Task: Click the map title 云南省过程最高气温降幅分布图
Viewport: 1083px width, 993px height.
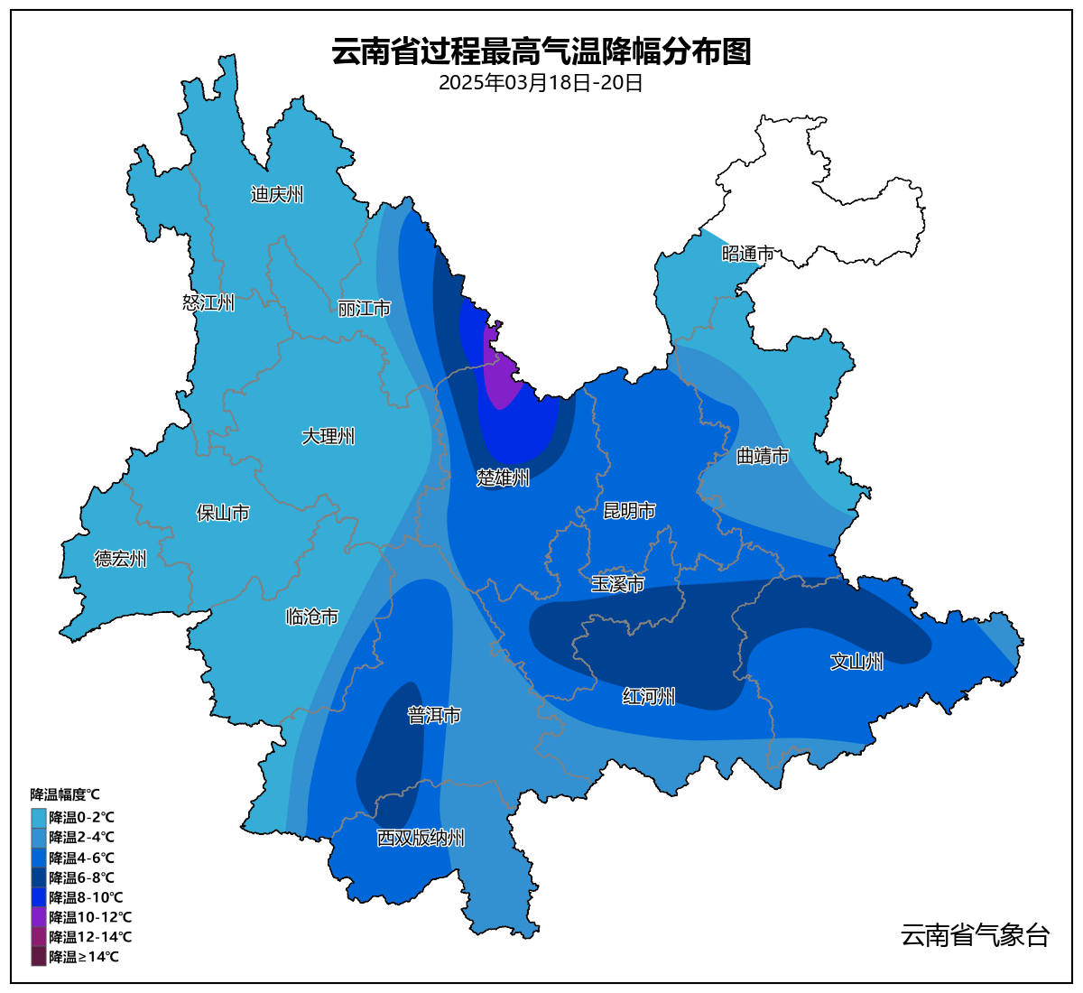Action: [541, 51]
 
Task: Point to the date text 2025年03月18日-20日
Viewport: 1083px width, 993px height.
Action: [541, 83]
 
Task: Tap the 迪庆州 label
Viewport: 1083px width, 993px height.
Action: [277, 194]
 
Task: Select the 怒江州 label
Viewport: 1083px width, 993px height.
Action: [208, 302]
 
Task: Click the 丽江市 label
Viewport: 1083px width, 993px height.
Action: [364, 309]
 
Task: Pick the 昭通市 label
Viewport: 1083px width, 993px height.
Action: [747, 254]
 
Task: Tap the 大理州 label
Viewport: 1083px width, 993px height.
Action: [328, 436]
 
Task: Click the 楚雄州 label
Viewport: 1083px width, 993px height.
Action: [503, 478]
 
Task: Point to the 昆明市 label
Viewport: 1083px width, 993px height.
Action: [629, 511]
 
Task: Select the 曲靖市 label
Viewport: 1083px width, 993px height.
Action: [763, 456]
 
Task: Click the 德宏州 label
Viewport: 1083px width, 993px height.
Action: [121, 559]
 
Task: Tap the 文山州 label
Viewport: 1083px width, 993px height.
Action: [856, 662]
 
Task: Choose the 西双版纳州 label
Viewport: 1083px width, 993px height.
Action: [421, 838]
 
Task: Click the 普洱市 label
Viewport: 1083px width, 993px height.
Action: [434, 715]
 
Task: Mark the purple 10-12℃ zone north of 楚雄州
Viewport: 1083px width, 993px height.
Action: [499, 375]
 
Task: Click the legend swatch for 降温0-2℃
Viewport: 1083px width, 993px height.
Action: [39, 817]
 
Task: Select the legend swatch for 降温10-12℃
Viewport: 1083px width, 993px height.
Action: [39, 916]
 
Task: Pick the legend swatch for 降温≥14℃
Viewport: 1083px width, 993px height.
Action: [39, 956]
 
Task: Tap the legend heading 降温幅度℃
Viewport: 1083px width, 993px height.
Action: [65, 794]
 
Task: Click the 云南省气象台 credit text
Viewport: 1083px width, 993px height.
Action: [975, 934]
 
